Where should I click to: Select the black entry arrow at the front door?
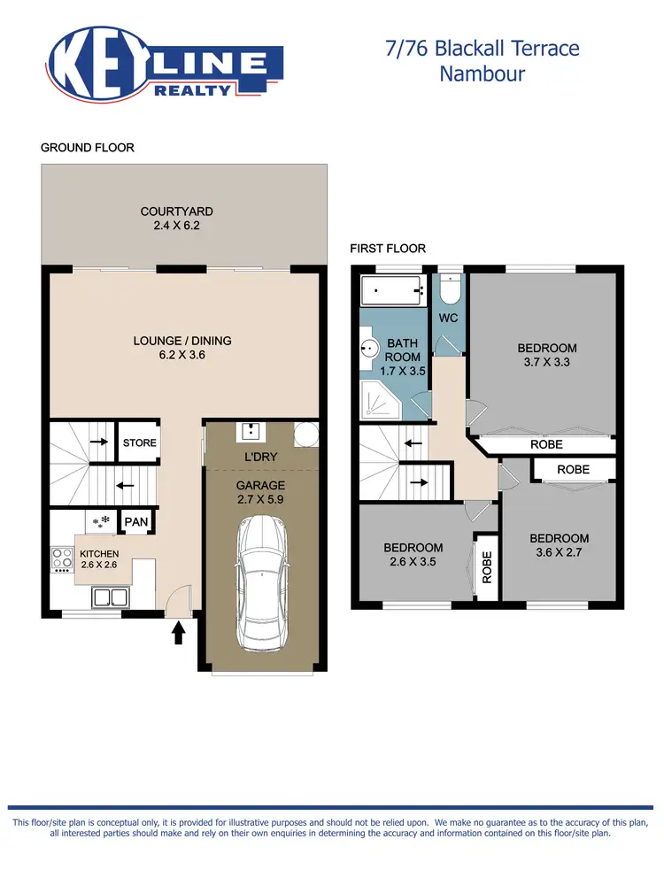[178, 632]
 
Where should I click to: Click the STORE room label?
[139, 442]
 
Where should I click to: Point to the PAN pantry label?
[136, 522]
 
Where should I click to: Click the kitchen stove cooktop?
[63, 559]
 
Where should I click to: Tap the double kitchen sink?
[108, 597]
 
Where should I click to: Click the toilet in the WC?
[449, 289]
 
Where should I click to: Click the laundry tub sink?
[250, 431]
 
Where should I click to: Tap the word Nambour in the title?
[482, 73]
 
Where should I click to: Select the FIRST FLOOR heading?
[388, 249]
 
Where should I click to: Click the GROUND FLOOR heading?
[88, 147]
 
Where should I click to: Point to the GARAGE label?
[259, 485]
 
